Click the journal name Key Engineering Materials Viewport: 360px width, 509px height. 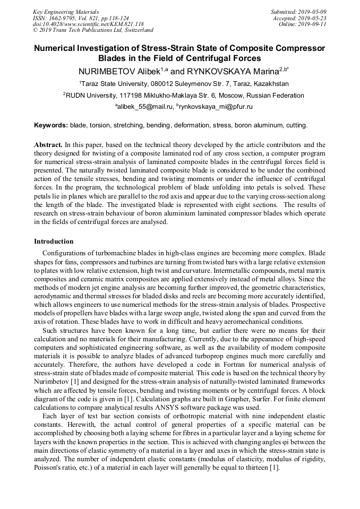[66, 12]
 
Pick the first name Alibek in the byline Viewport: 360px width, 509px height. [145, 71]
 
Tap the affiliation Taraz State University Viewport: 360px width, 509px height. [117, 84]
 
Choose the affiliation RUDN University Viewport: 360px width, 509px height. [91, 96]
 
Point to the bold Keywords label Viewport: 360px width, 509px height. [50, 125]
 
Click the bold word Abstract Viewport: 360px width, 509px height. [48, 144]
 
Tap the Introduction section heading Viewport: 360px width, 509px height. [54, 241]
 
